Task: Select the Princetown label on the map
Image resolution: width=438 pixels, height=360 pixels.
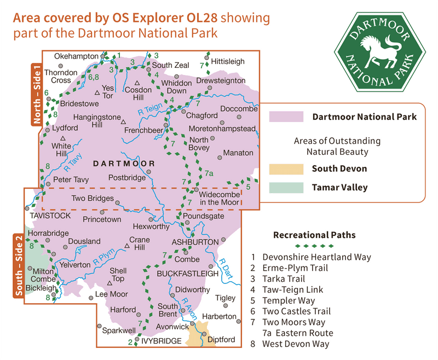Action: point(102,219)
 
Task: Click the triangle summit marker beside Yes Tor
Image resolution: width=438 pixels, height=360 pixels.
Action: point(97,92)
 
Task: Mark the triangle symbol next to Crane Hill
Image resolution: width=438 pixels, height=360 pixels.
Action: point(128,246)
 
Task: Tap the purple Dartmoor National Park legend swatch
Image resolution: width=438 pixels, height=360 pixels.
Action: point(286,117)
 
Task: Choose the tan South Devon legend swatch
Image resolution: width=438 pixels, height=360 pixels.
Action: point(286,169)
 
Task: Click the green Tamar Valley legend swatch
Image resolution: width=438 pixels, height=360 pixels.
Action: point(286,188)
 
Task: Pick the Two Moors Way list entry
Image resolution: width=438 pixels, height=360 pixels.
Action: point(294,322)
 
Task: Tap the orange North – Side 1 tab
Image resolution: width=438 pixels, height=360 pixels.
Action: point(37,95)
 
